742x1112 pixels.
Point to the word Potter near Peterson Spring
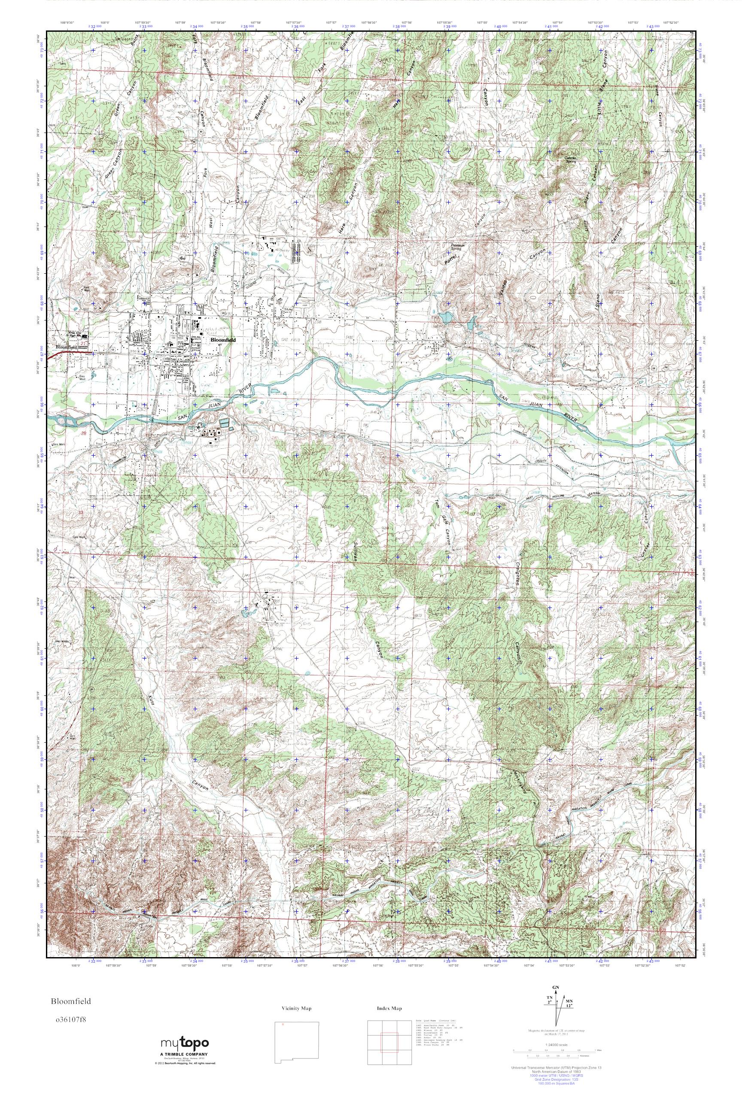coord(448,257)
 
